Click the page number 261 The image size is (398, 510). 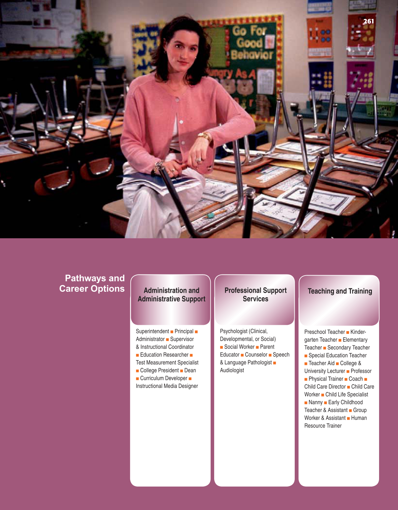[x=368, y=21]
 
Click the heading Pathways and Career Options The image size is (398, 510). [x=92, y=283]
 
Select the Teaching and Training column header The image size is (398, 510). [x=340, y=291]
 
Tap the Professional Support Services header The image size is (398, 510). [x=255, y=294]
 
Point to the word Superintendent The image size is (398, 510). [x=152, y=331]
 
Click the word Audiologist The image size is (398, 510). [x=232, y=370]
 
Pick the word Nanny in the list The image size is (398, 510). [x=315, y=402]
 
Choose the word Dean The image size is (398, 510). [x=190, y=370]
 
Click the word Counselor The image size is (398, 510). [x=256, y=354]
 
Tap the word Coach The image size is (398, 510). [x=356, y=379]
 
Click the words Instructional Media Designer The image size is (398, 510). [x=167, y=386]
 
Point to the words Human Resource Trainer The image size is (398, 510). [x=335, y=422]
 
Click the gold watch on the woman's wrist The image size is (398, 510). [x=205, y=136]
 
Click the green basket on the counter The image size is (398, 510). [x=381, y=109]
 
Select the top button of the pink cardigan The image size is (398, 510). [x=177, y=100]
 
